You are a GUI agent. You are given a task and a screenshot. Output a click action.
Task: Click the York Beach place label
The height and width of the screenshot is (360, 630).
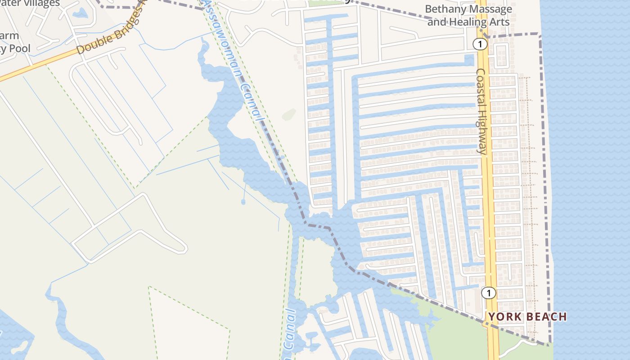click(527, 317)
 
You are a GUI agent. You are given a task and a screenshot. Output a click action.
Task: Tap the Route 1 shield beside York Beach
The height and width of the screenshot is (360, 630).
click(488, 293)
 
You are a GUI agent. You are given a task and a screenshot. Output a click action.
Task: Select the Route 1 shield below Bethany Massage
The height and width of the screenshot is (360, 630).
click(481, 44)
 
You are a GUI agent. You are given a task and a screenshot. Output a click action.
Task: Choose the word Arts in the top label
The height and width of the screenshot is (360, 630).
click(500, 22)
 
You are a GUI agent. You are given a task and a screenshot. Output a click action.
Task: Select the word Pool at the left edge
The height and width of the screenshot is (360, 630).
click(21, 49)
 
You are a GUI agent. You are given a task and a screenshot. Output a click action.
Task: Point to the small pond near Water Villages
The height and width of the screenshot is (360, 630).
click(80, 13)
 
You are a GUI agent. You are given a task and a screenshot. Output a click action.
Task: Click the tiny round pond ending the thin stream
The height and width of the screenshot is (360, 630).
click(243, 202)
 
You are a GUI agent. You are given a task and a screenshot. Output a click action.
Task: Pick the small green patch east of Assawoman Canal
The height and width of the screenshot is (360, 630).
click(288, 115)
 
